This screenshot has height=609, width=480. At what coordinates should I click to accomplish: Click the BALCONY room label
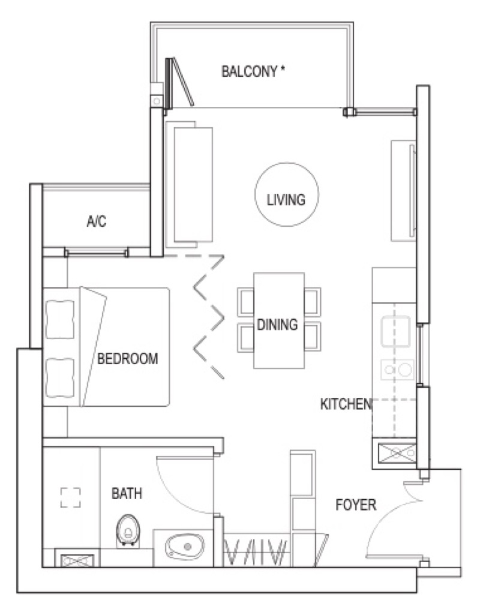pyautogui.click(x=249, y=71)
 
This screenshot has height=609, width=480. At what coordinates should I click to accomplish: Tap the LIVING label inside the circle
pyautogui.click(x=286, y=200)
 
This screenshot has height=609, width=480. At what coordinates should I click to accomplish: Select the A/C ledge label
pyautogui.click(x=97, y=221)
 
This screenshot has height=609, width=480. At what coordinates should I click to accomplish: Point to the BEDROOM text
pyautogui.click(x=127, y=358)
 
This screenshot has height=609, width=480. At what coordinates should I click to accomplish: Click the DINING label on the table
pyautogui.click(x=277, y=325)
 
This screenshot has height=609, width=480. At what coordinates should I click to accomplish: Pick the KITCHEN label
pyautogui.click(x=346, y=404)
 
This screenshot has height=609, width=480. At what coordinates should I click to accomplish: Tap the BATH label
pyautogui.click(x=127, y=494)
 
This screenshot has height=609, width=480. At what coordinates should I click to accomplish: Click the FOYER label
pyautogui.click(x=356, y=505)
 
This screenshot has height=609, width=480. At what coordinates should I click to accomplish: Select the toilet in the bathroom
pyautogui.click(x=128, y=531)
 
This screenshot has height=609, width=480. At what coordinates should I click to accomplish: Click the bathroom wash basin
pyautogui.click(x=185, y=547)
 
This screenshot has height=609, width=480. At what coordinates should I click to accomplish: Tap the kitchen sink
pyautogui.click(x=396, y=331)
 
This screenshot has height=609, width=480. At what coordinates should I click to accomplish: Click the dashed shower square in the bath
pyautogui.click(x=71, y=497)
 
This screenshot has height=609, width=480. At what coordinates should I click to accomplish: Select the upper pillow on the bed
pyautogui.click(x=60, y=319)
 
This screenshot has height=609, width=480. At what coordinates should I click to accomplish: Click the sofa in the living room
pyautogui.click(x=189, y=184)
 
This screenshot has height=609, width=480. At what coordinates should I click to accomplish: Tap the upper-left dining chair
pyautogui.click(x=246, y=301)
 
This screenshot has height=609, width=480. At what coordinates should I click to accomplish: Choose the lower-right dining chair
pyautogui.click(x=313, y=337)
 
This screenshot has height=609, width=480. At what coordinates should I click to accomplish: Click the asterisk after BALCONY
pyautogui.click(x=283, y=69)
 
